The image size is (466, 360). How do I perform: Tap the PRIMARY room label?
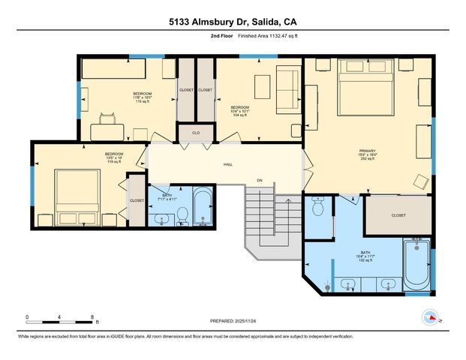click(367, 151)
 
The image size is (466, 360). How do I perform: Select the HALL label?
click(227, 164)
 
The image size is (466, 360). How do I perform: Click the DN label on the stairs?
click(260, 180)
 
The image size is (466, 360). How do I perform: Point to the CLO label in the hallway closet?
click(196, 133)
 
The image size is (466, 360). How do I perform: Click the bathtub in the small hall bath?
click(203, 210)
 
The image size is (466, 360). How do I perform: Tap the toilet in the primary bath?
click(318, 205)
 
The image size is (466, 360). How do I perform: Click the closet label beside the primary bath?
click(398, 215)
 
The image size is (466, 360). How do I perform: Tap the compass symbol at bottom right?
click(431, 317)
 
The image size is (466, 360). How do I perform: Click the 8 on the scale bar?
click(92, 316)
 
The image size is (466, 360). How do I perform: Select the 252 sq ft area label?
click(367, 160)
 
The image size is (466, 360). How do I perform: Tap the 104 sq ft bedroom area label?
click(239, 116)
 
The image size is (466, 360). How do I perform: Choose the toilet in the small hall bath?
click(182, 217)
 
